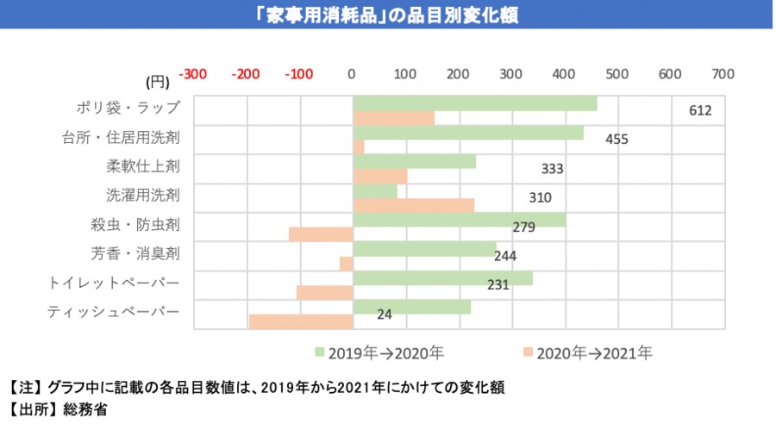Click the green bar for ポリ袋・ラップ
pyautogui.click(x=474, y=103)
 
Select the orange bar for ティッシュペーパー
pyautogui.click(x=301, y=321)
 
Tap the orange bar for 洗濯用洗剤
pyautogui.click(x=413, y=205)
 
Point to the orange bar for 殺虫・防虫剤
pyautogui.click(x=321, y=234)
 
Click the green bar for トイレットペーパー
pyautogui.click(x=442, y=278)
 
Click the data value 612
pyautogui.click(x=700, y=111)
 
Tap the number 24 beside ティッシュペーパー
pyautogui.click(x=385, y=315)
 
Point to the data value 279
pyautogui.click(x=524, y=227)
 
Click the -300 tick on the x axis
pyautogui.click(x=192, y=74)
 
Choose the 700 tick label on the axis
pyautogui.click(x=723, y=74)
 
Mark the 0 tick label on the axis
pyautogui.click(x=352, y=74)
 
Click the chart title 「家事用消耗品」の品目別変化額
pyautogui.click(x=387, y=15)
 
